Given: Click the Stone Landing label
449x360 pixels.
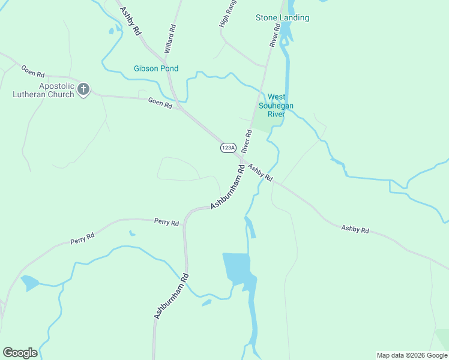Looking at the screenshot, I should (282, 18).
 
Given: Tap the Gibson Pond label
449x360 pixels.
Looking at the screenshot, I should (155, 68).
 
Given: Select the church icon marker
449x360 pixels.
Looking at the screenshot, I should (83, 90).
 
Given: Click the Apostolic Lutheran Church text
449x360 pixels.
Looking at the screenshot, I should (44, 90).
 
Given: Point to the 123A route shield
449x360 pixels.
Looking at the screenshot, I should (228, 148).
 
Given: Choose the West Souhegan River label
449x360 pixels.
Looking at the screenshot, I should (276, 105).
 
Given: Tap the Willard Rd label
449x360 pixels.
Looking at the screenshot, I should (170, 37).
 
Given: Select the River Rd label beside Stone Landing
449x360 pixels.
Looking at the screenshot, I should (276, 35).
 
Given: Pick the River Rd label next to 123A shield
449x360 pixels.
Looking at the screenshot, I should (246, 141).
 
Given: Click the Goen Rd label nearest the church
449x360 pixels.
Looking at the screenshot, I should (33, 71).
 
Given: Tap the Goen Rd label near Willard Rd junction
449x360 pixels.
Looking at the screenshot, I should (160, 103).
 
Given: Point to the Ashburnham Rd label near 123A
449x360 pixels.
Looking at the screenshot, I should (228, 188).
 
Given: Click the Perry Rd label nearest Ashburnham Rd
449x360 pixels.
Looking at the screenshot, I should (166, 223).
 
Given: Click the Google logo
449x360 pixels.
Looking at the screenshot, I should (20, 353).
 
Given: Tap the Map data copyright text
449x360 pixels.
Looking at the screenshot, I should (412, 355).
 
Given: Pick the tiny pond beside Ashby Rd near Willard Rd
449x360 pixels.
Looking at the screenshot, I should (110, 31).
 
